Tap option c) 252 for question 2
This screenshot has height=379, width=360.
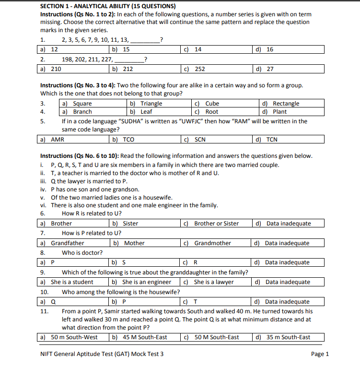click(x=195, y=69)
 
